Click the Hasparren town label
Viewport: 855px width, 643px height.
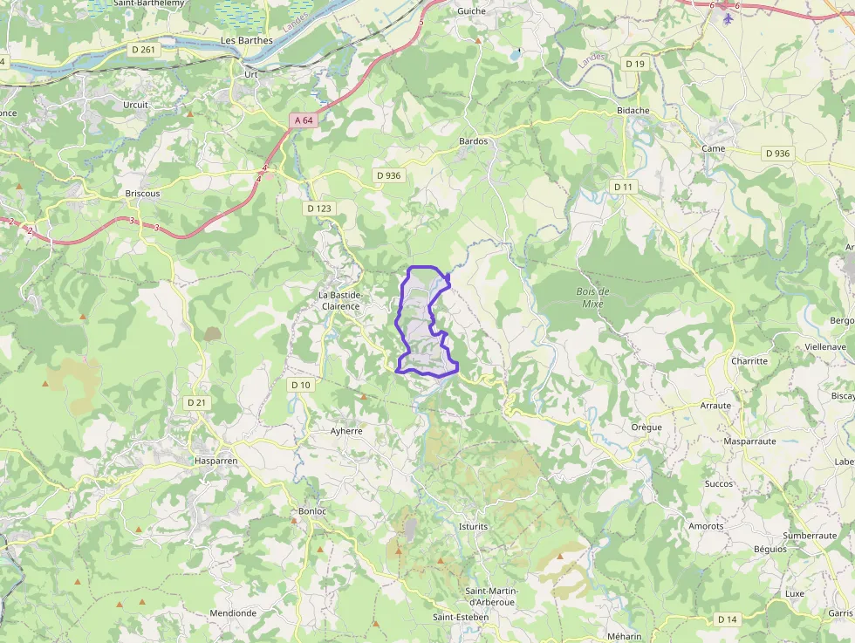point(216,460)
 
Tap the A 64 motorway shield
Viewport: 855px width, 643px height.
point(303,120)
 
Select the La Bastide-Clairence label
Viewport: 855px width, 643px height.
point(339,301)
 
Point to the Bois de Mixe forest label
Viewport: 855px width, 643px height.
point(593,298)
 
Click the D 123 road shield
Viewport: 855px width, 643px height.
point(319,209)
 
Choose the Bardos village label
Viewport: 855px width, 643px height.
point(473,140)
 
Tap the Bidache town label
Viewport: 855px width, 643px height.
point(633,111)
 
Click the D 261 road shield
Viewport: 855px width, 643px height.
point(143,50)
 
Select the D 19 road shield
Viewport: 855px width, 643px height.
point(634,64)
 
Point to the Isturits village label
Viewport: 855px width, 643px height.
point(473,527)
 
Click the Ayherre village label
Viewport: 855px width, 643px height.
point(346,431)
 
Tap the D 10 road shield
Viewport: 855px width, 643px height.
point(300,385)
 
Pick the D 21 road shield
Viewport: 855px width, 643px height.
point(196,402)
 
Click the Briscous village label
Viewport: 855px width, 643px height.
point(142,194)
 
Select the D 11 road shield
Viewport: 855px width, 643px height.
point(622,187)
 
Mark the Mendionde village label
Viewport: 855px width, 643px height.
point(233,613)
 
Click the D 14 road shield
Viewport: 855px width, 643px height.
point(727,619)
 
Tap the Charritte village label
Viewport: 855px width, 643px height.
point(749,361)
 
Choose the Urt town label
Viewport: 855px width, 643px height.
point(251,75)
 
